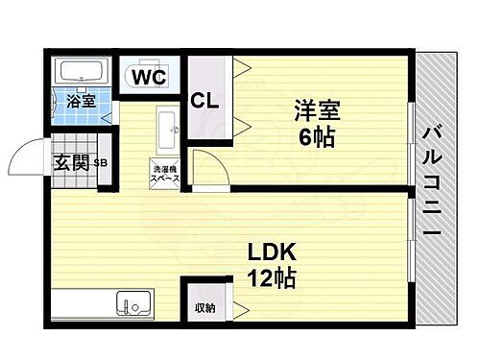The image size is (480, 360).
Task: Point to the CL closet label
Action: point(204,99)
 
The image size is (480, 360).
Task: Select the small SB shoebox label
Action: point(100,163)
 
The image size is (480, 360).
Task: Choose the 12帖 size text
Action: point(274,279)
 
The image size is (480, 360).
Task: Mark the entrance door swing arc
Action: point(27,154)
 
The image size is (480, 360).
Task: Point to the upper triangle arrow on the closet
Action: point(239,67)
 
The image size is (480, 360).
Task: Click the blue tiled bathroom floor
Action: point(82,111)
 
